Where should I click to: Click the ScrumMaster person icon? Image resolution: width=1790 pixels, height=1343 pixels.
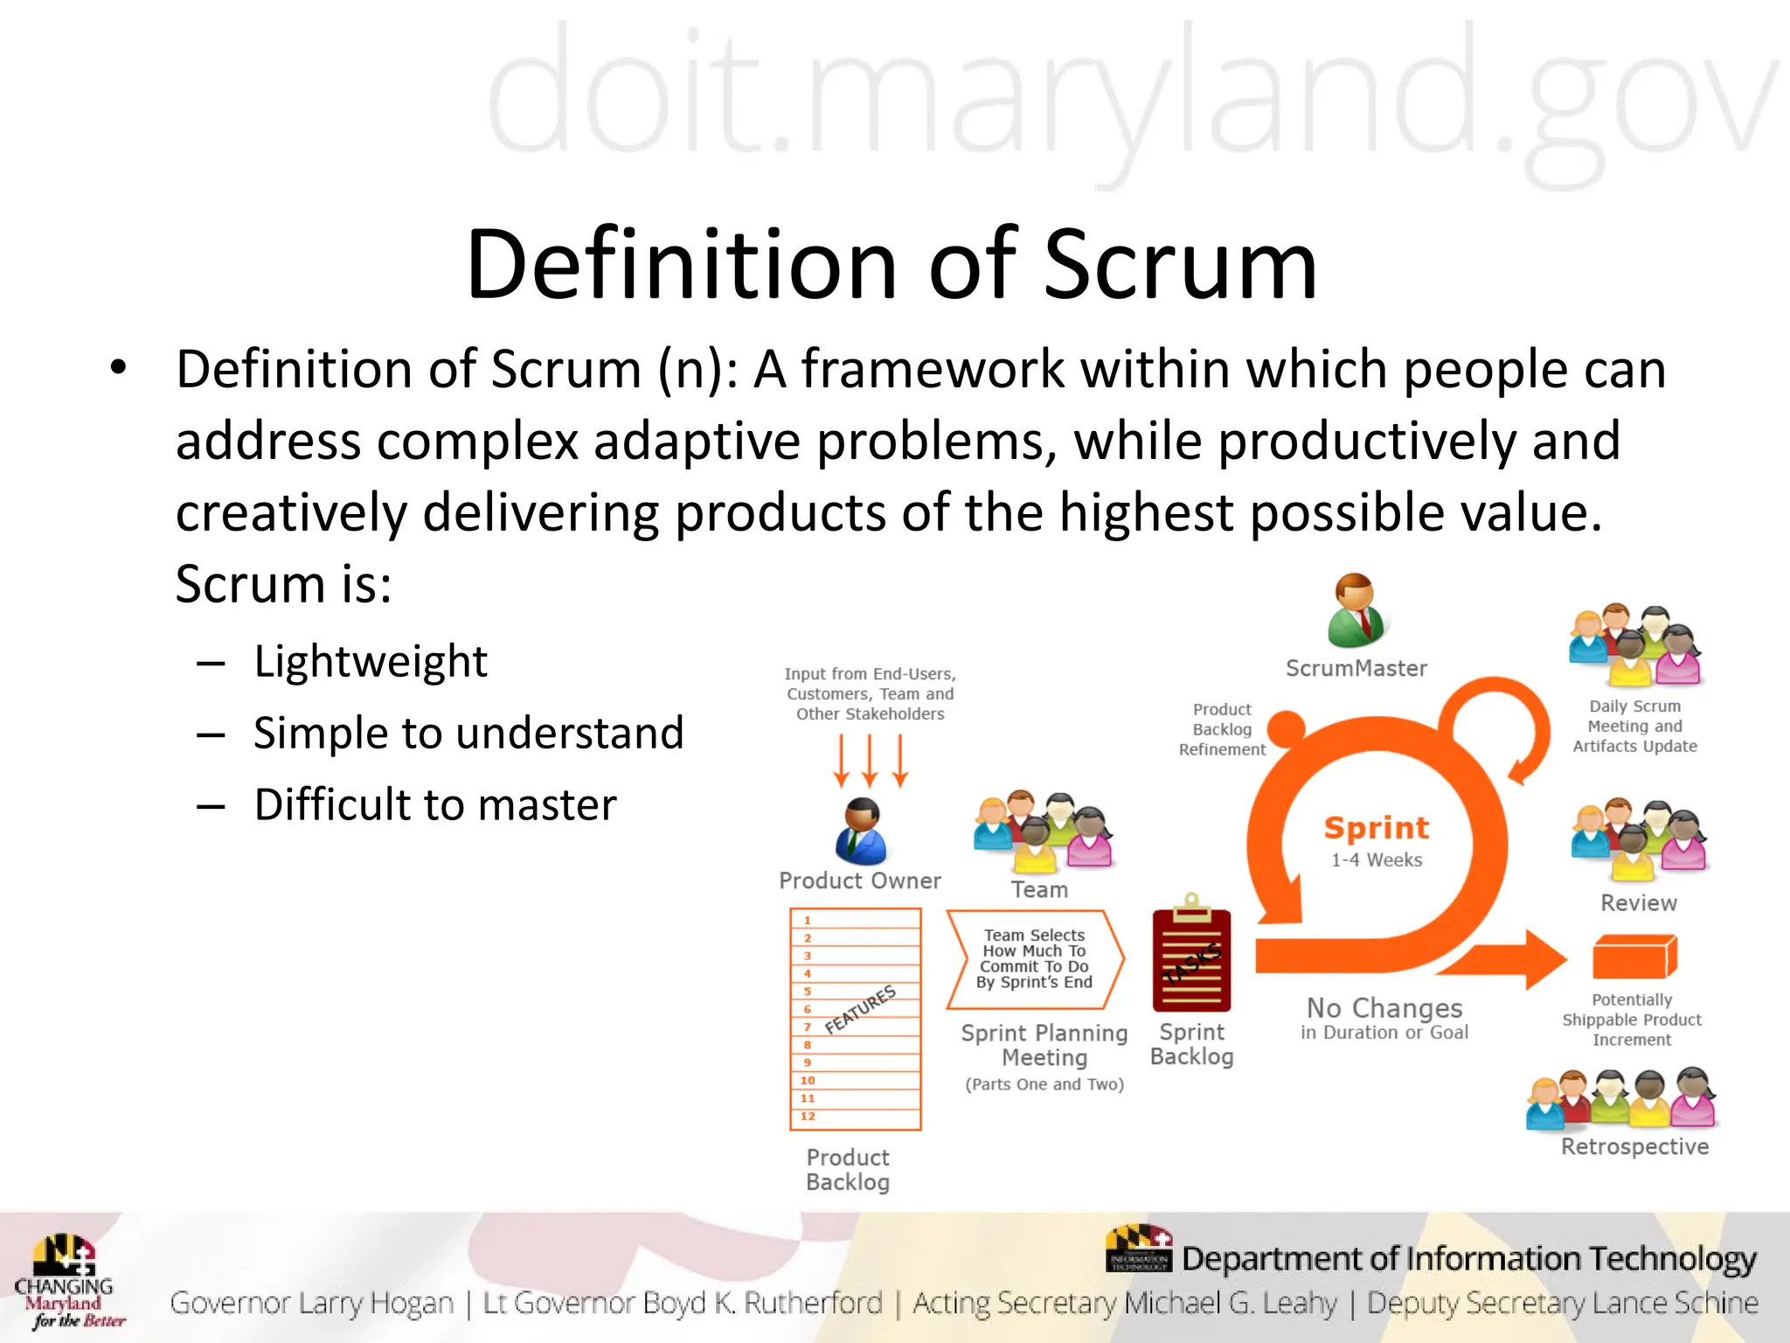coord(1355,610)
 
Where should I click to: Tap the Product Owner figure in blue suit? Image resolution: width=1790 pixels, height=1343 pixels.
coord(861,832)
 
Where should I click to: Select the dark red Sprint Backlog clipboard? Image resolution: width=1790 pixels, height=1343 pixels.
coord(1191,957)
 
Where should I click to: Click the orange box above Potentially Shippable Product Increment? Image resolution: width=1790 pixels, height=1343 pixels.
coord(1634,957)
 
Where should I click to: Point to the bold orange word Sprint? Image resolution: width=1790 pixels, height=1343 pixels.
coord(1377,827)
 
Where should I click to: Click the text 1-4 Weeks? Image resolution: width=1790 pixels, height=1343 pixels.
coord(1377,860)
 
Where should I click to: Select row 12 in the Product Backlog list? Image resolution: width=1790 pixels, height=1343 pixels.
coord(855,1117)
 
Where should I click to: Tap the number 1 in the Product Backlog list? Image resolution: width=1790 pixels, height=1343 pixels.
coord(808,920)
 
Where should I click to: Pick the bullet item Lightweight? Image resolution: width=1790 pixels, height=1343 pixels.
coord(371,661)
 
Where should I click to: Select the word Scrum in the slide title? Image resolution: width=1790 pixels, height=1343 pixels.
coord(1180,264)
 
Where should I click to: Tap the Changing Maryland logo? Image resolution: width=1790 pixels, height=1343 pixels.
coord(66,1281)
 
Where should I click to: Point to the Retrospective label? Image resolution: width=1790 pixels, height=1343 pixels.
coord(1634,1146)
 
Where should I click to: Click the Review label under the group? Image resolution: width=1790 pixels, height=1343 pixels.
coord(1639,903)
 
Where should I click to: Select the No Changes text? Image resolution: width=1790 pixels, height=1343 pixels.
coord(1384,1008)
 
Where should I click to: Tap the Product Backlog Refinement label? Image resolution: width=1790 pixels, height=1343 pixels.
coord(1222,729)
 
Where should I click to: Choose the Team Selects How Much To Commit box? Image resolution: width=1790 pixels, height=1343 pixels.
coord(1035,959)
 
